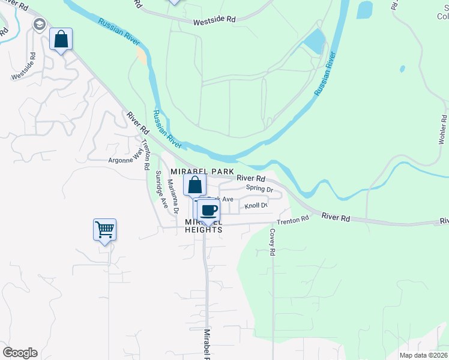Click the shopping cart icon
pyautogui.click(x=104, y=229)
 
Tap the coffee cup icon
pyautogui.click(x=209, y=211)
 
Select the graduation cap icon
pyautogui.click(x=40, y=25)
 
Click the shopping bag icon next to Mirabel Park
pyautogui.click(x=195, y=185)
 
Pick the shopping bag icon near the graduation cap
pyautogui.click(x=61, y=40)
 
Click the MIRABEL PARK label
pyautogui.click(x=202, y=172)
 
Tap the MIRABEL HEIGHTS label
pyautogui.click(x=204, y=226)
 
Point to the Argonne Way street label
pyautogui.click(x=127, y=161)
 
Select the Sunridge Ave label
pyautogui.click(x=160, y=189)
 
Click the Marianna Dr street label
pyautogui.click(x=173, y=198)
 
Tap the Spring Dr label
pyautogui.click(x=259, y=188)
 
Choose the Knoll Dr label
pyautogui.click(x=255, y=206)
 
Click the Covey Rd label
pyautogui.click(x=273, y=242)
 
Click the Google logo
pyautogui.click(x=20, y=353)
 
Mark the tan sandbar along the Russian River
pyautogui.click(x=142, y=55)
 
